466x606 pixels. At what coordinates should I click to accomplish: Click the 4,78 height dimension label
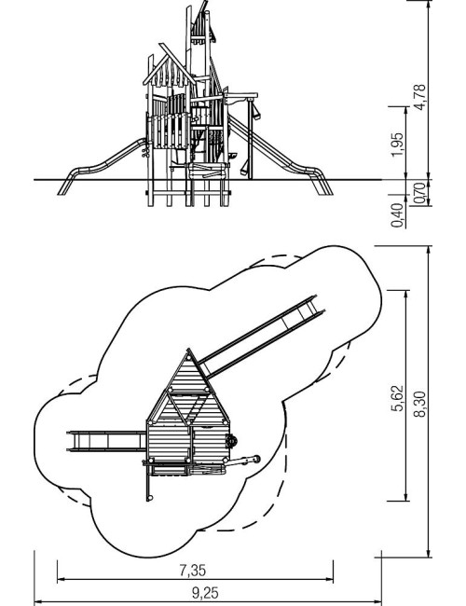(420, 97)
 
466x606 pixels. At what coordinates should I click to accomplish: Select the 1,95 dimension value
(397, 145)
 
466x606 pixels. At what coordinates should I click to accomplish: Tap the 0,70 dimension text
(420, 193)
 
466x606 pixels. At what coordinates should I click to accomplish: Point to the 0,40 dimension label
(397, 215)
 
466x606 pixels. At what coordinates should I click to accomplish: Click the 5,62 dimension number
(397, 398)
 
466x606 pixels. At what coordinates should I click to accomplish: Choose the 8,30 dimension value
(420, 405)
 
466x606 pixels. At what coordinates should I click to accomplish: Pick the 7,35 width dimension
(193, 570)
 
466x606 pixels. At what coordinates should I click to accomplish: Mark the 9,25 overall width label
(205, 592)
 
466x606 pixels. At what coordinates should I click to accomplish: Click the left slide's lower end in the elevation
(62, 192)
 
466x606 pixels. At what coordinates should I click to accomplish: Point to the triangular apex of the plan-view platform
(188, 350)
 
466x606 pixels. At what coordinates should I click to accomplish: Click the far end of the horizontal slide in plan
(68, 441)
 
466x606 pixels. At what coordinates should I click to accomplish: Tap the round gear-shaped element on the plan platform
(231, 441)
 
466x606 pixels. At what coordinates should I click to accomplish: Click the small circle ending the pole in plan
(150, 498)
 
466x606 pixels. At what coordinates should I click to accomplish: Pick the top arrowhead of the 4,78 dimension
(429, 4)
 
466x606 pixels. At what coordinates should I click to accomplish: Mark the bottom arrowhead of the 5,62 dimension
(405, 498)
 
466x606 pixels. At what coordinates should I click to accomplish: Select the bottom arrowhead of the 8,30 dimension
(429, 553)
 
